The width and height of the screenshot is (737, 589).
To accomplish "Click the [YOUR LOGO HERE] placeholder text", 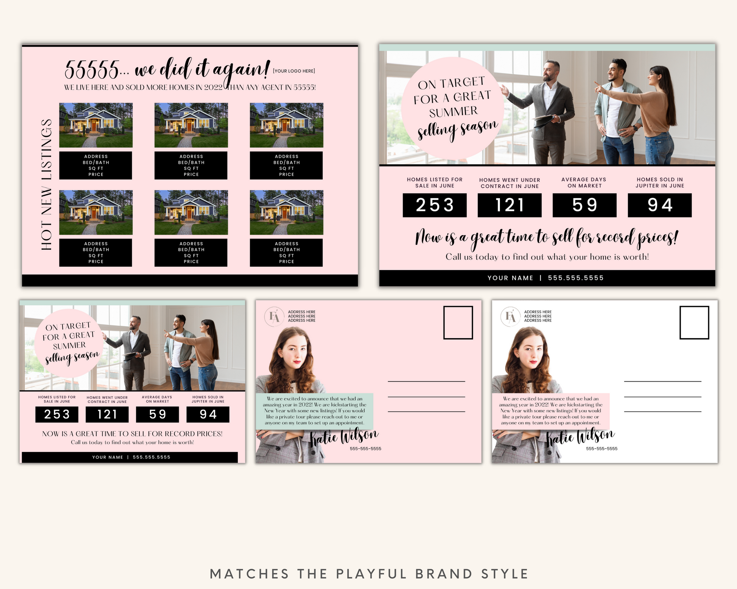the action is click(294, 71).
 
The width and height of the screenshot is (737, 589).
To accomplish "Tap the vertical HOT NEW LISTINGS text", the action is click(46, 184).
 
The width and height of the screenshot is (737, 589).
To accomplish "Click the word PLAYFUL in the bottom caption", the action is click(371, 574).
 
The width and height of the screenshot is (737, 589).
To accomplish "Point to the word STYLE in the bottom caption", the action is click(505, 574).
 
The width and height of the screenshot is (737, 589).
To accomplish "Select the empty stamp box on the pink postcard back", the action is click(458, 323).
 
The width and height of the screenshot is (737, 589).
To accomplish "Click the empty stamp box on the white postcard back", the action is click(694, 323).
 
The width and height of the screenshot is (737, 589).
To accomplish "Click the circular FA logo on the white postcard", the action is click(510, 317).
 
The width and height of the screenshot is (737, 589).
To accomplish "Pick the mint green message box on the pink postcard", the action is click(314, 411).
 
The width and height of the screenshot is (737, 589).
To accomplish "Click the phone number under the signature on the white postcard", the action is click(601, 449).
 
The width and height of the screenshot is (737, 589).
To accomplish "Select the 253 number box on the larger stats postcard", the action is click(434, 205).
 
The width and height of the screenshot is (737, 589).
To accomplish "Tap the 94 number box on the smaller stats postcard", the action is click(208, 414).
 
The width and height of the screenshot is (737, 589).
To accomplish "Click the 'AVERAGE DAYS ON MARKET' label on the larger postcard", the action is click(584, 183).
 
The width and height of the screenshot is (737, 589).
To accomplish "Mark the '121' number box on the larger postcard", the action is click(509, 205).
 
